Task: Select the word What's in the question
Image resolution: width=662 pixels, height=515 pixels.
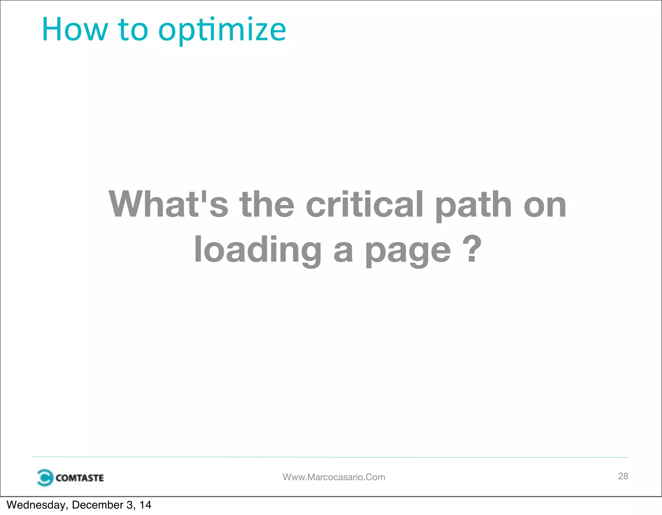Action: coord(168,204)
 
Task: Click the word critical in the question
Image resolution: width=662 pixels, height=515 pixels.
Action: coord(364,204)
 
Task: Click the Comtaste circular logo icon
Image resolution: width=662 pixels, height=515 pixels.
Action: coord(45,477)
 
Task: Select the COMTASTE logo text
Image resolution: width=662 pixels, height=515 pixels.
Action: coord(80,478)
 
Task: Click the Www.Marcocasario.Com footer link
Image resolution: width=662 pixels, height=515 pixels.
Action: coord(334,477)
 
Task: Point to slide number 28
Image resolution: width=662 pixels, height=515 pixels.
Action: coord(623,476)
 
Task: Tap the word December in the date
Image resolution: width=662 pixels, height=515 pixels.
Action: coord(98,505)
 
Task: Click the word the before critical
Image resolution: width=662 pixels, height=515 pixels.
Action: coord(267,204)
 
